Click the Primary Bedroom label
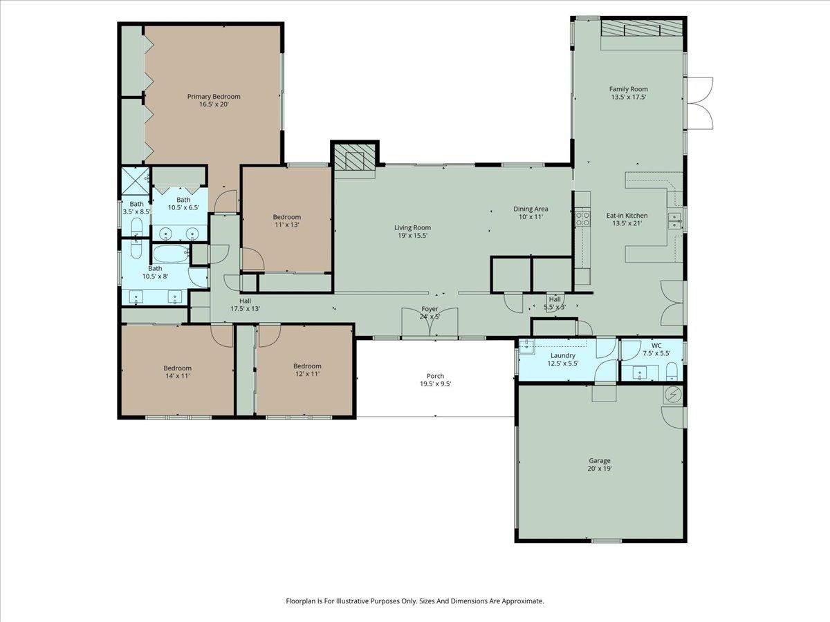click(214, 97)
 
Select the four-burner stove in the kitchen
click(583, 219)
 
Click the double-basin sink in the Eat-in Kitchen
click(674, 220)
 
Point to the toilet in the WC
click(670, 373)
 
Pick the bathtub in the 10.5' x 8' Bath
click(170, 254)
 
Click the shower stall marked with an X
click(136, 180)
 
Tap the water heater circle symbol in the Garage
click(672, 395)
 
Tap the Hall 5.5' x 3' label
click(555, 303)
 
